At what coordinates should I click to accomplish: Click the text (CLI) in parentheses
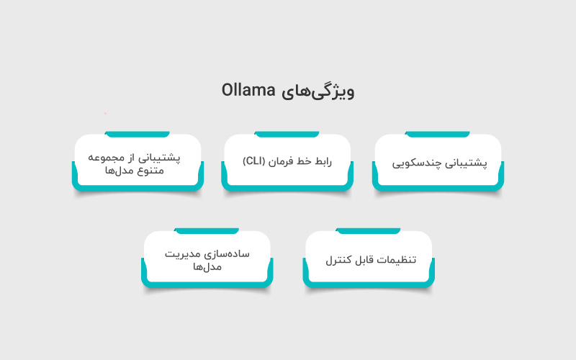pyautogui.click(x=253, y=161)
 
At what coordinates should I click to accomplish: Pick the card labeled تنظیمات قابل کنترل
pyautogui.click(x=369, y=259)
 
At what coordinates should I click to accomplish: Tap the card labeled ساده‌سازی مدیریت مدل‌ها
pyautogui.click(x=207, y=259)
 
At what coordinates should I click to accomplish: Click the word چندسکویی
pyautogui.click(x=415, y=162)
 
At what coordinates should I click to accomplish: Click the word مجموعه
pyautogui.click(x=112, y=156)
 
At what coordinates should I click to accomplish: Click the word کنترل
pyautogui.click(x=338, y=259)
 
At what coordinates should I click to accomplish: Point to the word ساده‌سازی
pyautogui.click(x=229, y=253)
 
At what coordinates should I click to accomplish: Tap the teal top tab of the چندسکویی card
pyautogui.click(x=438, y=134)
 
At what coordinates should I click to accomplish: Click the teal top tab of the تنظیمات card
pyautogui.click(x=369, y=231)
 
